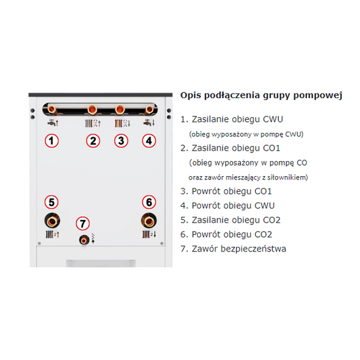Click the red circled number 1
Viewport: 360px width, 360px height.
52,141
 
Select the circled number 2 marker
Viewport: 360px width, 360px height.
93,141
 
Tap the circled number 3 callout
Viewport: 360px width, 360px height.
121,141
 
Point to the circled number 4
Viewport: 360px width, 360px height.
149,141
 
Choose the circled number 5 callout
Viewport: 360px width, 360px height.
52,202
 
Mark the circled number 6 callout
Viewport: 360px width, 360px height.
149,202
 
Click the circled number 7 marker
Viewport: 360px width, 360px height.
82,223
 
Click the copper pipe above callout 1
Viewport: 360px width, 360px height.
52,109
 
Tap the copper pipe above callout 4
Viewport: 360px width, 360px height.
149,109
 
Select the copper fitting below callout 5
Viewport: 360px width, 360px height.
52,221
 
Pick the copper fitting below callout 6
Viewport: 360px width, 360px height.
149,221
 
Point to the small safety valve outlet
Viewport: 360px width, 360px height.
84,240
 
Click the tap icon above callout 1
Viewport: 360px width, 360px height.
53,123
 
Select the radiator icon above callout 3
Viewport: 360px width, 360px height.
122,124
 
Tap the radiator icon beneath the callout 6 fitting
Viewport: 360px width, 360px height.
149,234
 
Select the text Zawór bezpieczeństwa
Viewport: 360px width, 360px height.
239,249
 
